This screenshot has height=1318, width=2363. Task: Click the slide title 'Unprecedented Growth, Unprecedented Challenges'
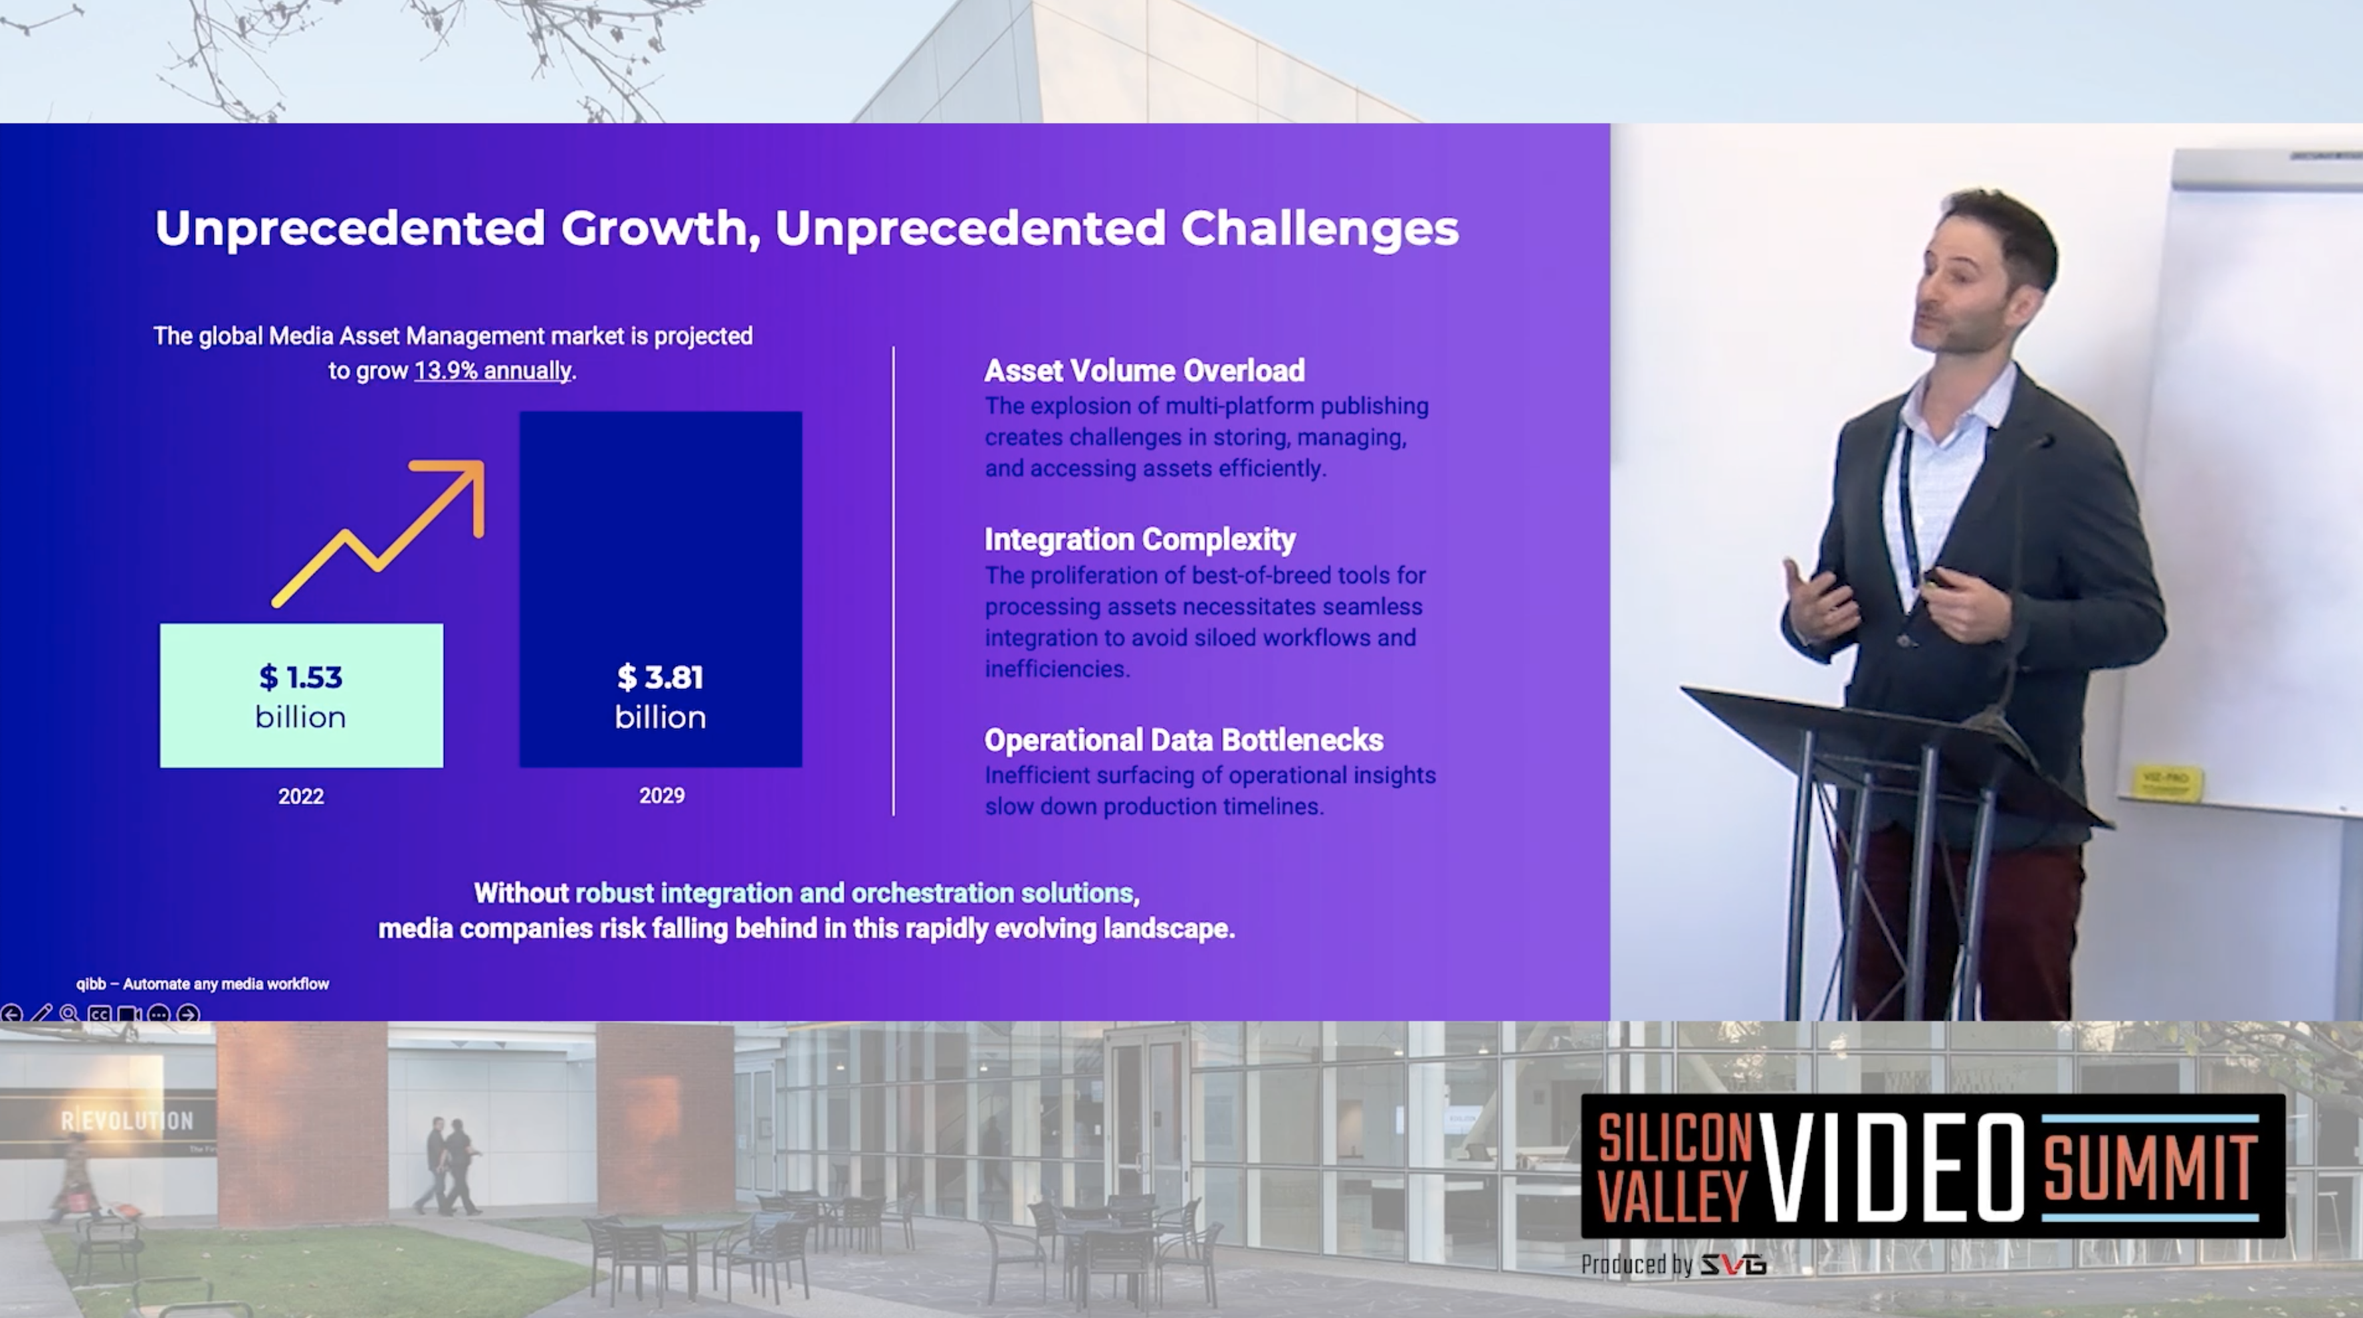[806, 229]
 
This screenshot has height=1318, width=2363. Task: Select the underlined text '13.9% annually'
[492, 371]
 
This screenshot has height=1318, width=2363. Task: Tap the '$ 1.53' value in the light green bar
[301, 677]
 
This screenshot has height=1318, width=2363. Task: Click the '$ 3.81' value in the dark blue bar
[661, 677]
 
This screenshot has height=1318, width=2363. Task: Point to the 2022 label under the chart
[301, 796]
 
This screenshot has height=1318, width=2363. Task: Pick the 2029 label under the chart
[661, 795]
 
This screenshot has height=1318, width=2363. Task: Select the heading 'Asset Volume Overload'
[1144, 371]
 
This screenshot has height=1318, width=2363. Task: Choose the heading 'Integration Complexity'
[1139, 539]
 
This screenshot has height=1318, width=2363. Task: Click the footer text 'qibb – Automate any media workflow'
[202, 984]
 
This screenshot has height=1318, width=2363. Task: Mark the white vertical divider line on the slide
[894, 581]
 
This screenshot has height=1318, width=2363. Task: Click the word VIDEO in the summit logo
[1891, 1167]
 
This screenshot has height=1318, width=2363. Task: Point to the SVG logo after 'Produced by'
[1733, 1266]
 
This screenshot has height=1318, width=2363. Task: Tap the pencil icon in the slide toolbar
[41, 1014]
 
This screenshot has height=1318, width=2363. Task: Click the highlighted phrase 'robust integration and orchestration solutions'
[854, 894]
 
